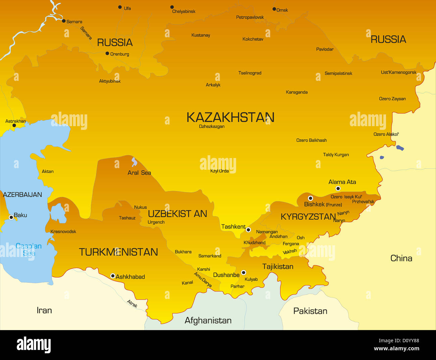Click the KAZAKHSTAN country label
(230, 117)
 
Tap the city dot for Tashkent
(249, 230)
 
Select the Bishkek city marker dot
(311, 198)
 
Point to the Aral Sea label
(139, 173)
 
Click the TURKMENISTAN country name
(118, 252)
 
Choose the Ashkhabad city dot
(113, 276)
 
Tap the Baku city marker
(11, 217)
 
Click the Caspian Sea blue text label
(29, 250)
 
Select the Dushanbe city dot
(243, 272)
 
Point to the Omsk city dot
(274, 9)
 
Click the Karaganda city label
(296, 92)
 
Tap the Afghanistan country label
(208, 320)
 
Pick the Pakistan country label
(310, 311)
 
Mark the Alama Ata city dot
(338, 189)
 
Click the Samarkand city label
(210, 256)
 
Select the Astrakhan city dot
(14, 125)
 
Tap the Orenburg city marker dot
(107, 53)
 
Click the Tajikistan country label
(278, 266)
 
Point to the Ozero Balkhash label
(311, 140)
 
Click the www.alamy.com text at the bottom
(396, 349)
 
